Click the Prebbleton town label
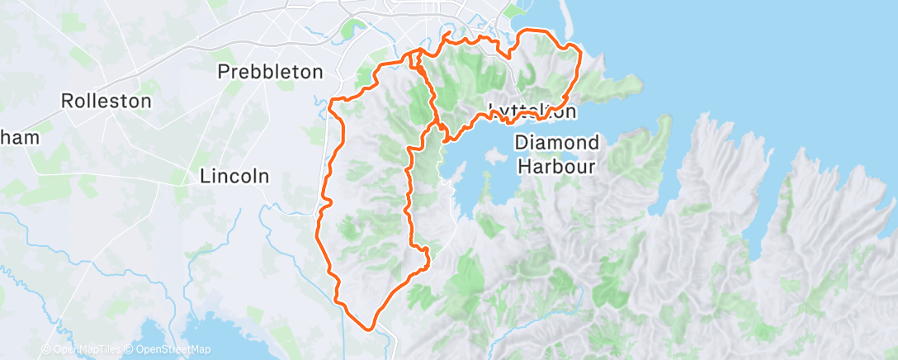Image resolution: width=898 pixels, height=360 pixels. [x=270, y=72]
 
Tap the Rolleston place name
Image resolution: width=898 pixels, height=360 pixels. [x=107, y=102]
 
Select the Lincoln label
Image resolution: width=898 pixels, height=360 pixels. [x=235, y=176]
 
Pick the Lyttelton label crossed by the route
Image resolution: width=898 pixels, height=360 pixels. [x=532, y=111]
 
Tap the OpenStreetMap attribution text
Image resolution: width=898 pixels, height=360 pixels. [x=172, y=350]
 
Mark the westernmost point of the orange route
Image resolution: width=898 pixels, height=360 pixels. [x=318, y=234]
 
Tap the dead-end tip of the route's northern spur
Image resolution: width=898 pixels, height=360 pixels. [x=447, y=34]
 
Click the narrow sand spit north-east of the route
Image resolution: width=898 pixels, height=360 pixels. [x=569, y=25]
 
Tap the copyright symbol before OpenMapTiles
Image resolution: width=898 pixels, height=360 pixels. [x=47, y=350]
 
